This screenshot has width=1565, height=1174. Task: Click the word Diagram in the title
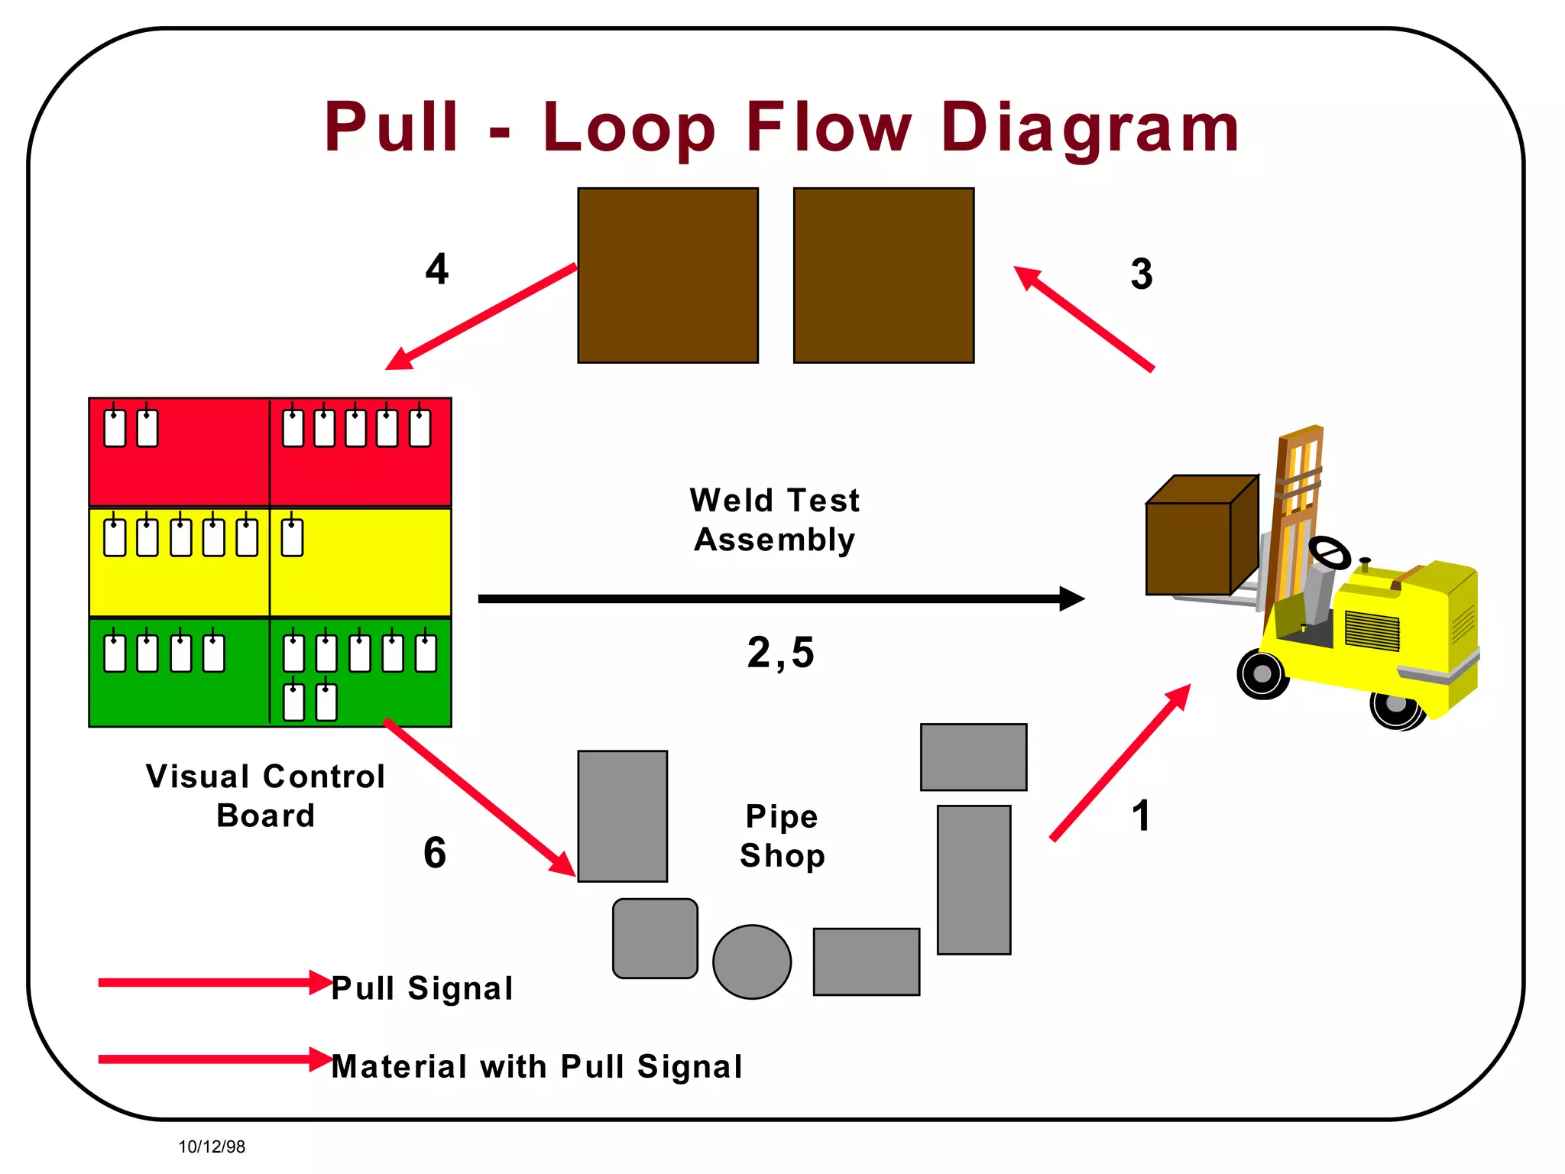(1089, 128)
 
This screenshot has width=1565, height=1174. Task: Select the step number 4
(436, 269)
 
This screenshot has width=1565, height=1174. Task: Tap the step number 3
(1141, 274)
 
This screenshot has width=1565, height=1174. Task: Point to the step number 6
(434, 853)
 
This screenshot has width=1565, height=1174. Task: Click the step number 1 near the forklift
(1140, 816)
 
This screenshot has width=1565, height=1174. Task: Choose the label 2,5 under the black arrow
(780, 653)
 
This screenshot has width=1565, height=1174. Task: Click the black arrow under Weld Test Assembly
(779, 598)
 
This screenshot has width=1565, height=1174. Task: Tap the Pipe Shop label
(782, 835)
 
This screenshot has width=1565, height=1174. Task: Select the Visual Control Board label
(265, 796)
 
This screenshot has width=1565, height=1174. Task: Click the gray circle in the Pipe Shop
(752, 962)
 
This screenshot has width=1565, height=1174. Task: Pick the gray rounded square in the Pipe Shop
(655, 938)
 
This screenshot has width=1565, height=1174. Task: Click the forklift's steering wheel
(1330, 552)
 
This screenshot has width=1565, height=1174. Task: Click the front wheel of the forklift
(1262, 674)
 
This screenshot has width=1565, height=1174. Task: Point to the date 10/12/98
(212, 1146)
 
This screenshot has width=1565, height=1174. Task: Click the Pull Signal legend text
(422, 988)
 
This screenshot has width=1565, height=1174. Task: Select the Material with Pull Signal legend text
(536, 1066)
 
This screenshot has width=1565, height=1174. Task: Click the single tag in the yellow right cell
(292, 537)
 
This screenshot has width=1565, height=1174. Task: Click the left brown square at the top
(668, 275)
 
